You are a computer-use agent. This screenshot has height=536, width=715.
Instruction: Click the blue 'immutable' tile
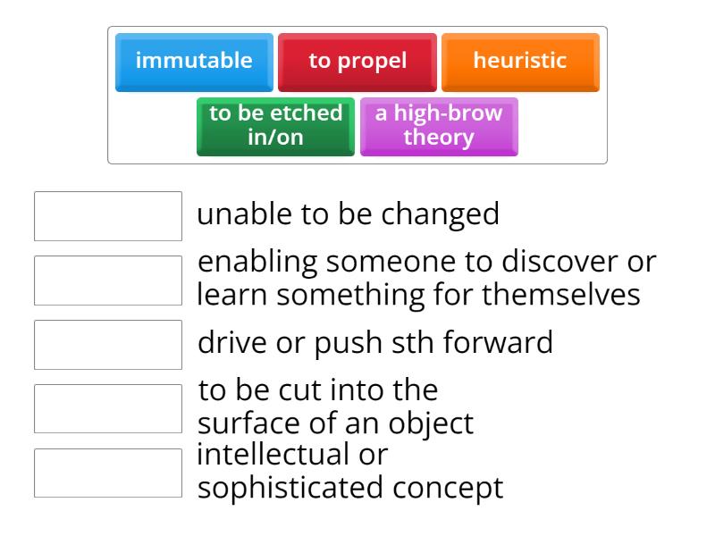194,62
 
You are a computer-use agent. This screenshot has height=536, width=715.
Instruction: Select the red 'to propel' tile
357,62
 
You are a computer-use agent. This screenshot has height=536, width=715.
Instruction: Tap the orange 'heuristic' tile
520,62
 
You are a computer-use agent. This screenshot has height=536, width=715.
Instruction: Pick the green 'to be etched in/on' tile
275,126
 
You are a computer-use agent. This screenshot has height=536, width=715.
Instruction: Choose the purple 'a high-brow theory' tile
439,126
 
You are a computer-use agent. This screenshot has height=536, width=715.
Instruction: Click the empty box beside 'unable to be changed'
108,216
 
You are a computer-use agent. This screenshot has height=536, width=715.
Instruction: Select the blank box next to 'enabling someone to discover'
108,281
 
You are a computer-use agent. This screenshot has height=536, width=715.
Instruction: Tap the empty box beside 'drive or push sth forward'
108,345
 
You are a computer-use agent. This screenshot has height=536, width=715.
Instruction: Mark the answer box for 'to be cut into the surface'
108,409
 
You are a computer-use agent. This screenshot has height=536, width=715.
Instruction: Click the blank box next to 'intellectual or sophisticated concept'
108,473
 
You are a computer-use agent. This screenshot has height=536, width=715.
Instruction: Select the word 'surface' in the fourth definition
247,423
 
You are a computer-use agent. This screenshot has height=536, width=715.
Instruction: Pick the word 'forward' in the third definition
499,343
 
